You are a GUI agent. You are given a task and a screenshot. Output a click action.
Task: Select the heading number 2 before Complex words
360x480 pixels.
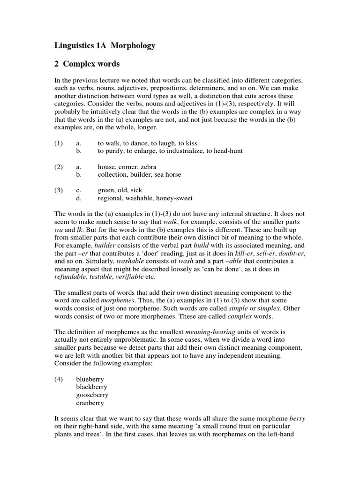(x=57, y=63)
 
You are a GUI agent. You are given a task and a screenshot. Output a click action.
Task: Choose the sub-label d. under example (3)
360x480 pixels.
(x=79, y=198)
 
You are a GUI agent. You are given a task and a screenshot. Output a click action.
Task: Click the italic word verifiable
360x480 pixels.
(x=130, y=277)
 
